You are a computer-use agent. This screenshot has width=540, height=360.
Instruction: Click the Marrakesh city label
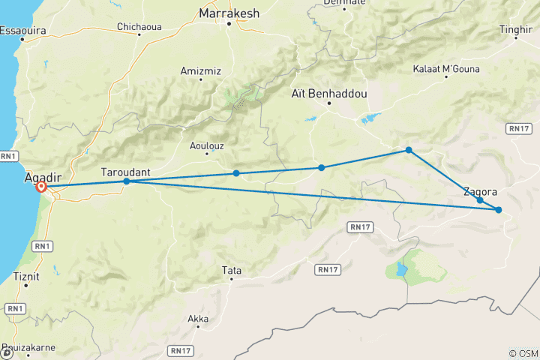[x=228, y=13]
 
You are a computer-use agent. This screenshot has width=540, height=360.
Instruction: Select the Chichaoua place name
[x=139, y=27]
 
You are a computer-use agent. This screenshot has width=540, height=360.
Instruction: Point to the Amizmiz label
[x=196, y=71]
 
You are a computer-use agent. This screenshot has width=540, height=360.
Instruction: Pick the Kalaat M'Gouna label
[x=445, y=69]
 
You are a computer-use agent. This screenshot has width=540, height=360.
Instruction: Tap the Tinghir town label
[x=520, y=30]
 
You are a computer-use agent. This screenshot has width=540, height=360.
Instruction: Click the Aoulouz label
[x=208, y=147]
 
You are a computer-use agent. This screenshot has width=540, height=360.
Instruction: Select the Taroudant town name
[x=125, y=172]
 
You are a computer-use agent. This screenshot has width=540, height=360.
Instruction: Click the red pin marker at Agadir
[x=42, y=187]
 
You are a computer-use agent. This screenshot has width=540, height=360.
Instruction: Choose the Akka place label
[x=198, y=319]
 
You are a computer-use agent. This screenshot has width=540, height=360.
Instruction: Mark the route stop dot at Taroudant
[x=127, y=181]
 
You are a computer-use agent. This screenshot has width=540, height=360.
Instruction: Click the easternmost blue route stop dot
[x=499, y=209]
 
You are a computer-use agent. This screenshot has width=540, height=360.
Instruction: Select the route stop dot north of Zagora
[x=409, y=150]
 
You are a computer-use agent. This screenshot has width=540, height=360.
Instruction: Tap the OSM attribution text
[x=523, y=353]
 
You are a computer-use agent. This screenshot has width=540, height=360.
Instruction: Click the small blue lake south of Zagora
[x=401, y=268]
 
